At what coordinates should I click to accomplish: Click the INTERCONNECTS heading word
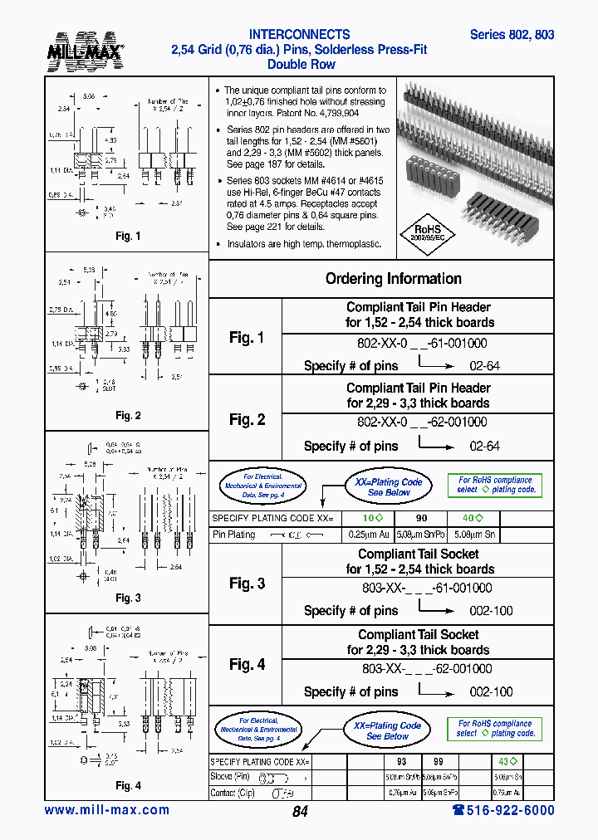(299, 35)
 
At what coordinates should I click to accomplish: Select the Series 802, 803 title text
(512, 35)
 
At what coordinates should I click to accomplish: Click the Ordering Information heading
(393, 279)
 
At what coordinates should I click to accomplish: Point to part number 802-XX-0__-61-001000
(422, 343)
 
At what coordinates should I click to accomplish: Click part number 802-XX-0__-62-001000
(422, 422)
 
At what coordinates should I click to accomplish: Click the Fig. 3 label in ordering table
(247, 584)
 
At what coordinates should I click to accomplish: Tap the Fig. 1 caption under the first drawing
(128, 237)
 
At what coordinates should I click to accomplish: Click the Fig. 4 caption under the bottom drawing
(128, 785)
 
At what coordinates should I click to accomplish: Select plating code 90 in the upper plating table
(421, 518)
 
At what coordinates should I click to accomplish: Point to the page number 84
(300, 812)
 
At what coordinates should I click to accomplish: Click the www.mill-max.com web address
(106, 810)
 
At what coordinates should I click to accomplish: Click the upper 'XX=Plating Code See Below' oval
(389, 487)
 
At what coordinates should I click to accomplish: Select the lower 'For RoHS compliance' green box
(495, 728)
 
